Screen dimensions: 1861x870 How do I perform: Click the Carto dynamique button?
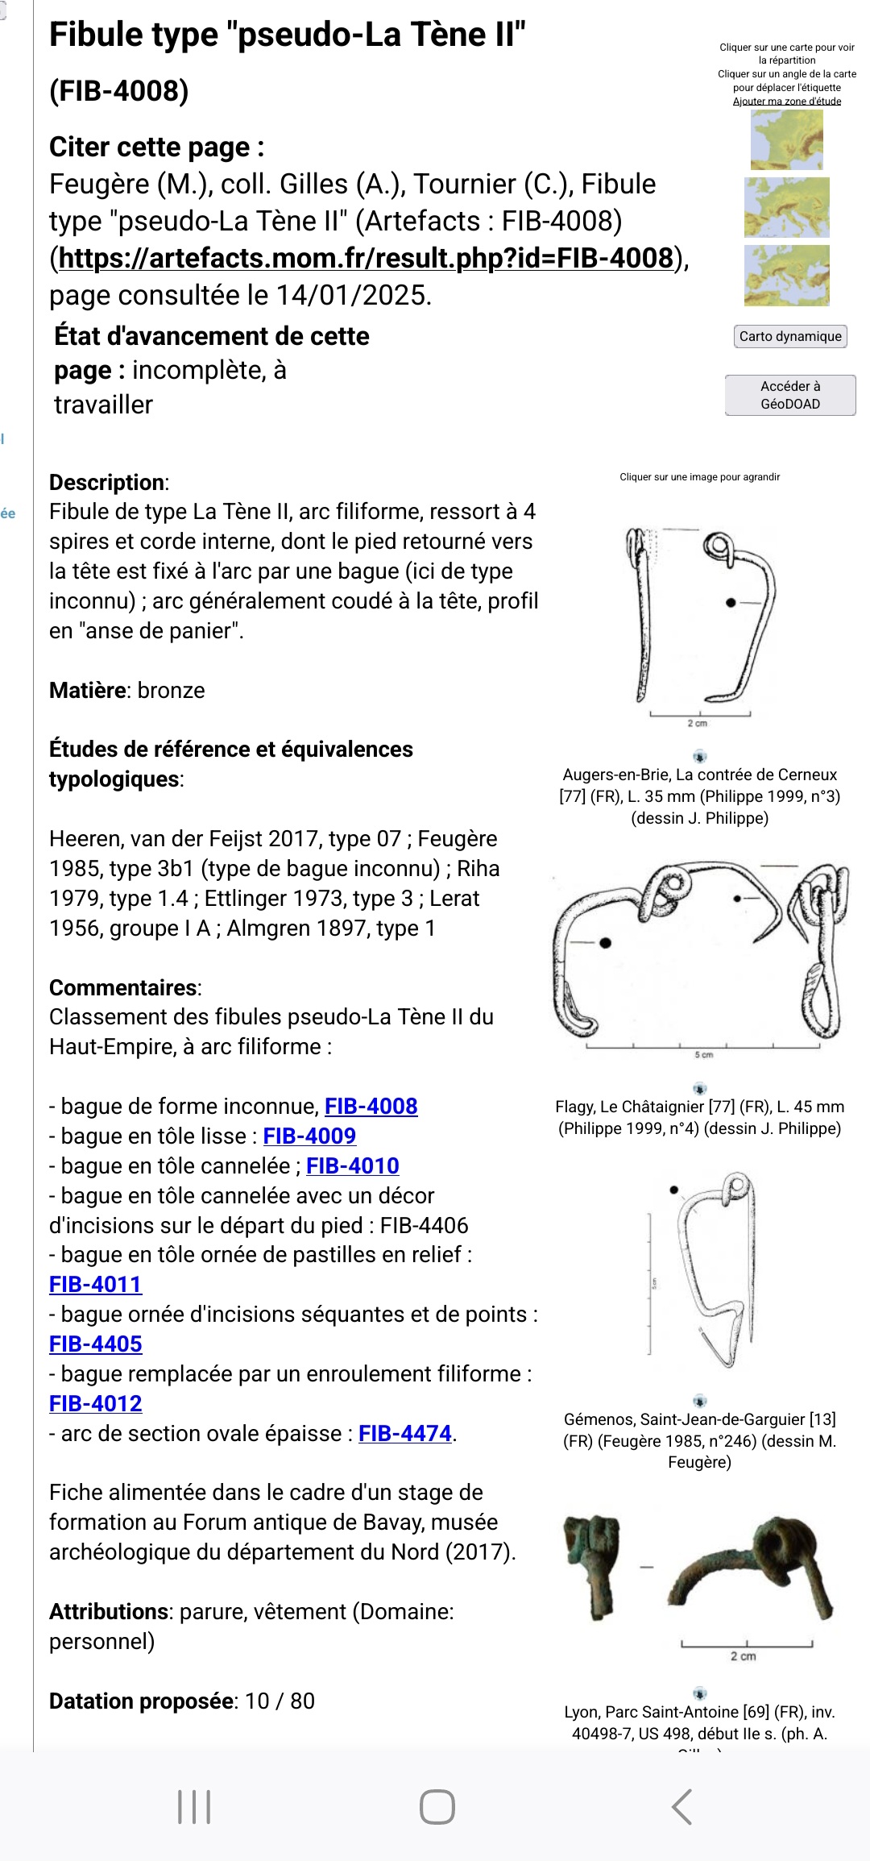point(789,336)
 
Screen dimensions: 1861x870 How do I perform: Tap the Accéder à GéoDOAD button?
point(789,395)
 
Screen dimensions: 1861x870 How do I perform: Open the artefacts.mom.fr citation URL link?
point(367,258)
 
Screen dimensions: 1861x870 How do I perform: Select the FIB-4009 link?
point(309,1136)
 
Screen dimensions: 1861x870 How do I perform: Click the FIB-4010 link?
point(353,1165)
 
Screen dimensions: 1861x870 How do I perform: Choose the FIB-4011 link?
point(95,1284)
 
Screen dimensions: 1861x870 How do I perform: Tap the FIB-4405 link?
point(95,1344)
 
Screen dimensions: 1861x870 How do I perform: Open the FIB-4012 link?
point(95,1403)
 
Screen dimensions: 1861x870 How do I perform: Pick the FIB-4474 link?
point(405,1433)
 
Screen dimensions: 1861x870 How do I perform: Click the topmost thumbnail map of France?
point(786,139)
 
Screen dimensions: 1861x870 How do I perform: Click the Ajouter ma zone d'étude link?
point(786,102)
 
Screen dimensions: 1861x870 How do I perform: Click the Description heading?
point(109,482)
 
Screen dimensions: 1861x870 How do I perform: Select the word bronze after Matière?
point(171,690)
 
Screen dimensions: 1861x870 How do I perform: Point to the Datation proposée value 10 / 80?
point(280,1701)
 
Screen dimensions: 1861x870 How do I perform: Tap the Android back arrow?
point(682,1806)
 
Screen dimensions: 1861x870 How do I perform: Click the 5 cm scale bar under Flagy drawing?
point(702,1048)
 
